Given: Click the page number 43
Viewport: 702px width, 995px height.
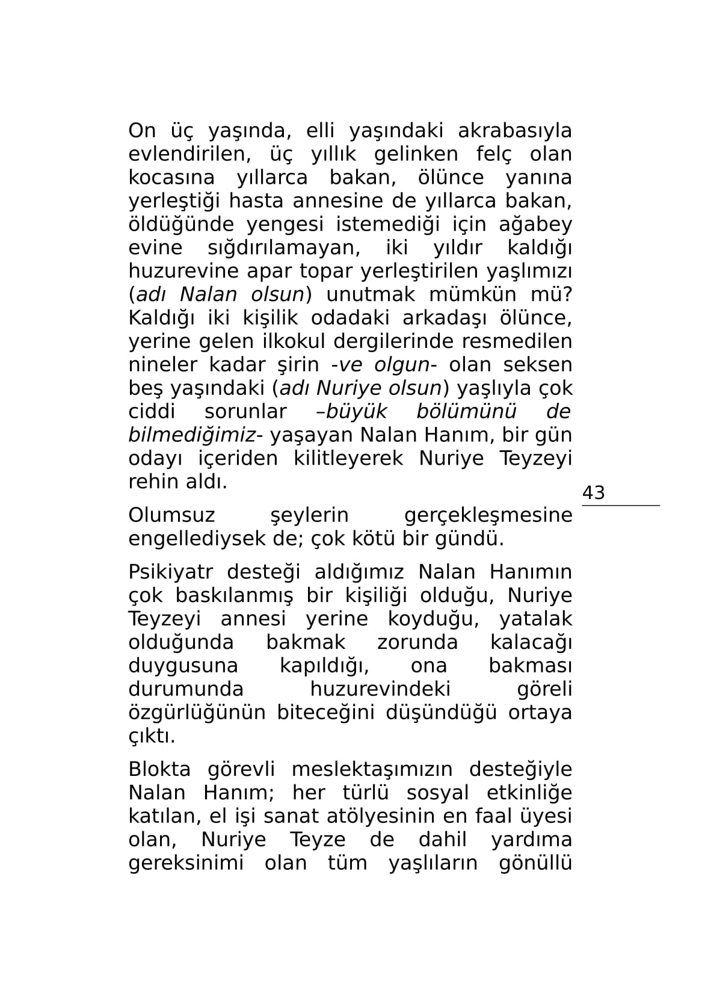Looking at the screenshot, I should (x=593, y=493).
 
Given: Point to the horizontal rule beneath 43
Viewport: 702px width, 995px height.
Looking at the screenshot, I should (x=620, y=506).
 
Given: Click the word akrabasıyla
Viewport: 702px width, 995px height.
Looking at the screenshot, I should (x=514, y=131).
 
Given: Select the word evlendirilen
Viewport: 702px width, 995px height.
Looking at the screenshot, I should (x=189, y=154).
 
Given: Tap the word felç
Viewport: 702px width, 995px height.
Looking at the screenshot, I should (x=494, y=154).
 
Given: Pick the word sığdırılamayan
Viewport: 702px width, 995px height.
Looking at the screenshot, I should (x=283, y=248).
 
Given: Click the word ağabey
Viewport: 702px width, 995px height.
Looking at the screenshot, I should (x=535, y=225).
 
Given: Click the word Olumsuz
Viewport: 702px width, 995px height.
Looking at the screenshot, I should (x=171, y=516).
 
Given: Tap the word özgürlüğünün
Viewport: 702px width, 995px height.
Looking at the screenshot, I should (x=197, y=713).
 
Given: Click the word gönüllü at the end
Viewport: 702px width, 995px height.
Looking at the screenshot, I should (x=535, y=864).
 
